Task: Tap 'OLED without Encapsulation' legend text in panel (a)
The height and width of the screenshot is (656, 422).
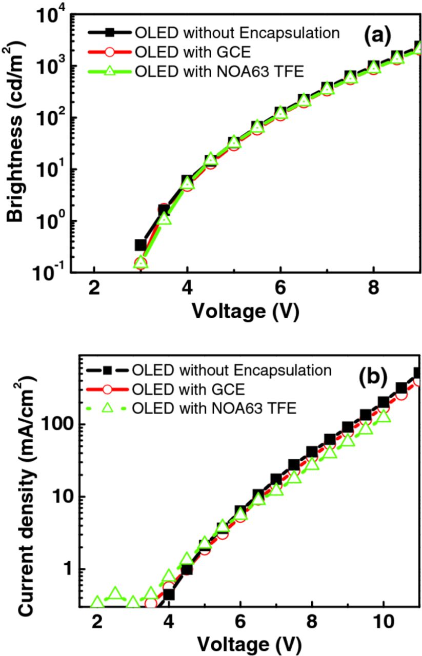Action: [237, 33]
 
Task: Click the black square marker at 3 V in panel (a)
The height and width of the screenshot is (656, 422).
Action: [140, 245]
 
